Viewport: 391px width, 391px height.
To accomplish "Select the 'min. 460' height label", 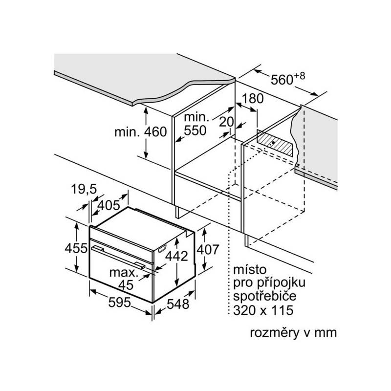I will tap(141, 131).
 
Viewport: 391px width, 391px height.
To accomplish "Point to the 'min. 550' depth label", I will tap(196, 124).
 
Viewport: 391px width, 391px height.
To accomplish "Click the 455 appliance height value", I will tap(76, 248).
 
